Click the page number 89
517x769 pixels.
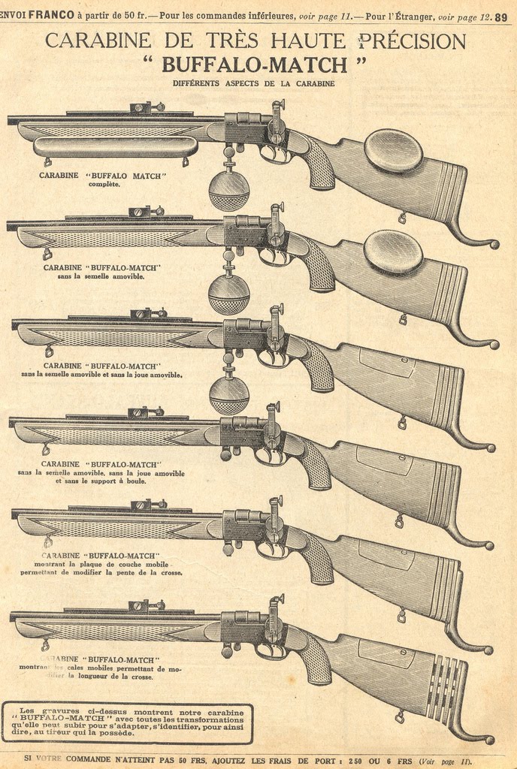[x=501, y=8]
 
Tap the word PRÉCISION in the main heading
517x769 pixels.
[x=412, y=40]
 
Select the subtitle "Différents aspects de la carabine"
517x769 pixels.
[x=253, y=83]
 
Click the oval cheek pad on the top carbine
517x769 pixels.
[x=393, y=149]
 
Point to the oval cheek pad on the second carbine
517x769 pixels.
[x=393, y=251]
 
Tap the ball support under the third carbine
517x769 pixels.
[x=228, y=395]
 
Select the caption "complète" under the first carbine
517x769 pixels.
[x=104, y=184]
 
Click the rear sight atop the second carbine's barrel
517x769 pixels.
[x=141, y=211]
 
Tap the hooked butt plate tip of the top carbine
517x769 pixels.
[x=492, y=244]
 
